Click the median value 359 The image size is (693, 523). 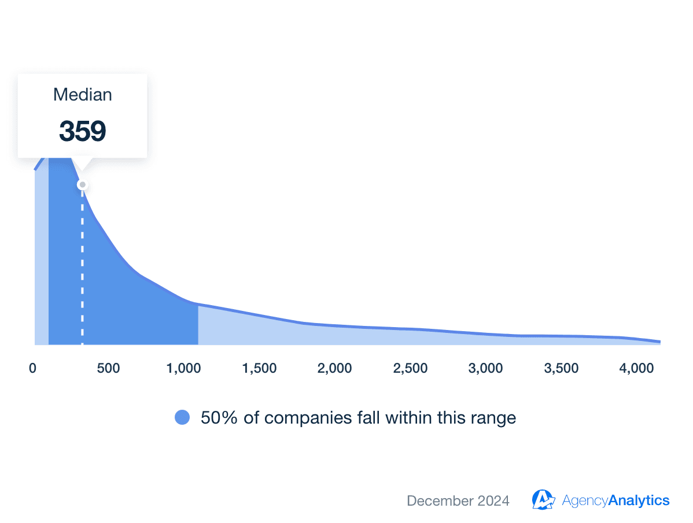coord(82,131)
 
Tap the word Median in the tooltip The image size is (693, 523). coord(82,95)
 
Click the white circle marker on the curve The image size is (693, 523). coord(83,185)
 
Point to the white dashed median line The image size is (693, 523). coord(82,266)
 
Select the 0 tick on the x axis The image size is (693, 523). coord(32,368)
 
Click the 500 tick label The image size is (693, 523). coord(109,368)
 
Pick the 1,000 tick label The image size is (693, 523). coord(183,368)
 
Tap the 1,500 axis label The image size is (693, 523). coord(259,368)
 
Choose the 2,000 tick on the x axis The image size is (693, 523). coord(335,368)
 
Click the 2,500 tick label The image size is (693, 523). coord(410,368)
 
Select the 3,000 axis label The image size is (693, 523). coord(486,368)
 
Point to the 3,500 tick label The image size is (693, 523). coord(561,368)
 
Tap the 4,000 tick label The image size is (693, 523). coord(637,368)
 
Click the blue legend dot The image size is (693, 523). coord(182,417)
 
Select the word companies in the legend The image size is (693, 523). coord(302,417)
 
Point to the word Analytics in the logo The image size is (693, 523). coord(639,500)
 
